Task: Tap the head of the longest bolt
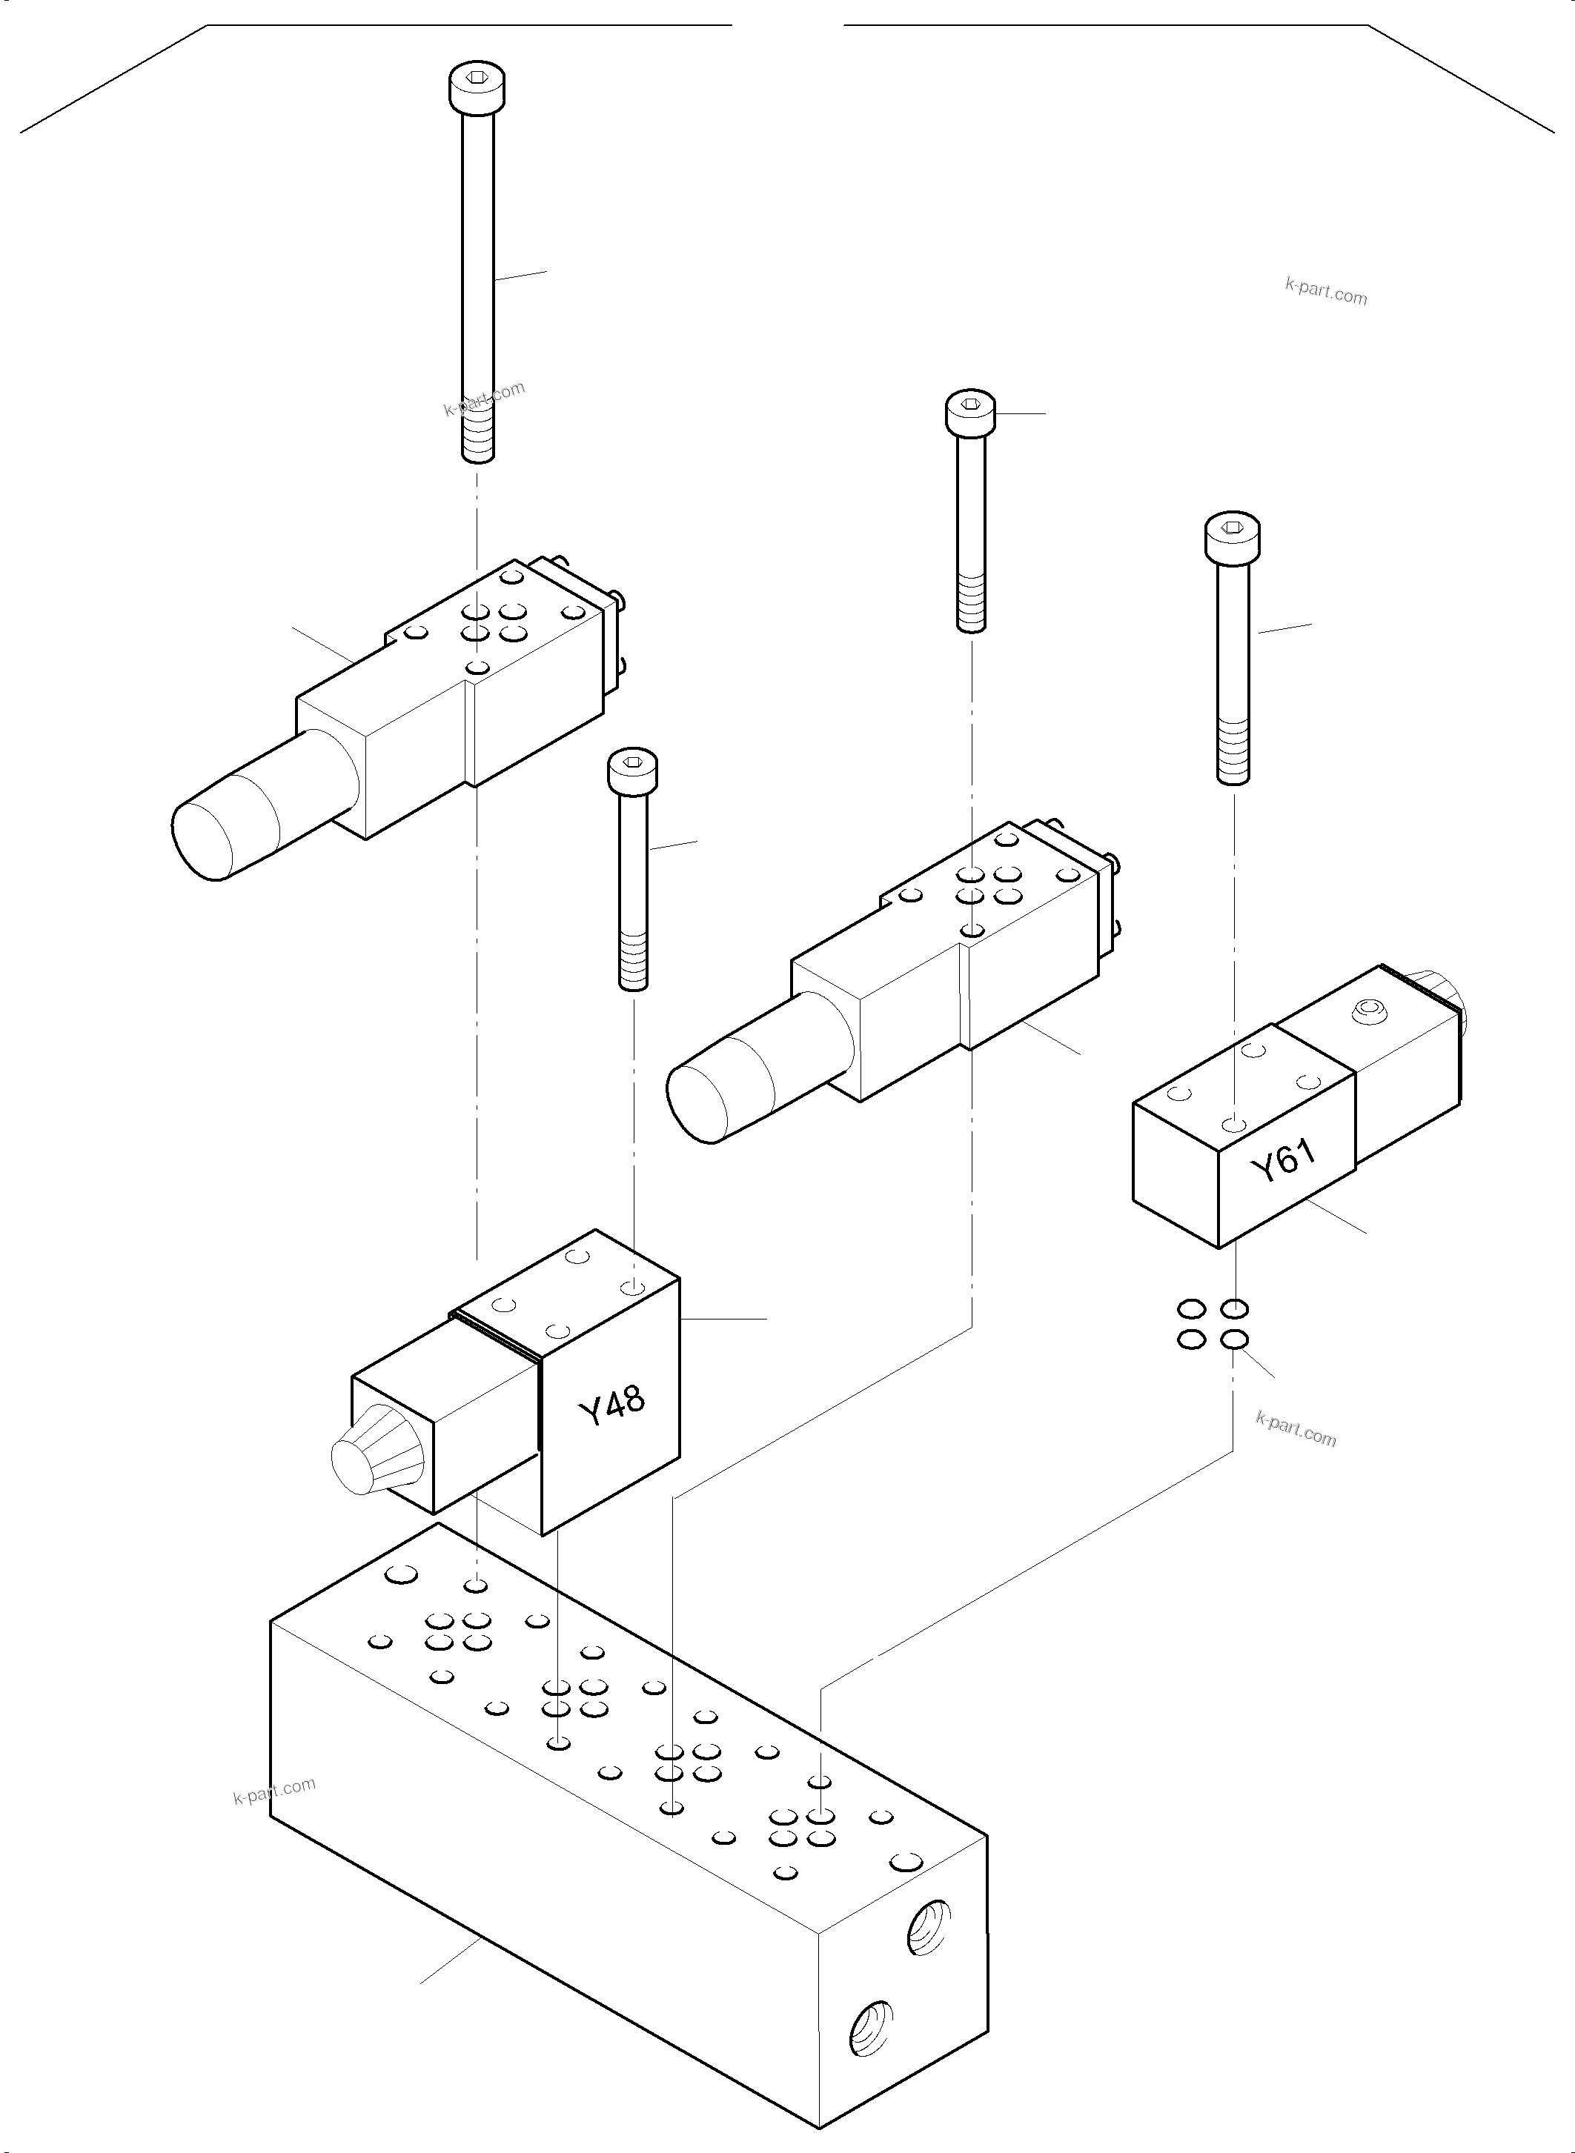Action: click(x=477, y=89)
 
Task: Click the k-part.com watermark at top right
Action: click(x=1325, y=290)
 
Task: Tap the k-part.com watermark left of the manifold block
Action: click(x=273, y=1791)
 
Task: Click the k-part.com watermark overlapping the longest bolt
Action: click(x=484, y=399)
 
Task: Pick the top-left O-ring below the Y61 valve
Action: click(x=1191, y=1308)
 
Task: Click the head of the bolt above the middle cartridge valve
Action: click(x=970, y=412)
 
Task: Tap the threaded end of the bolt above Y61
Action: click(x=1233, y=753)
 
